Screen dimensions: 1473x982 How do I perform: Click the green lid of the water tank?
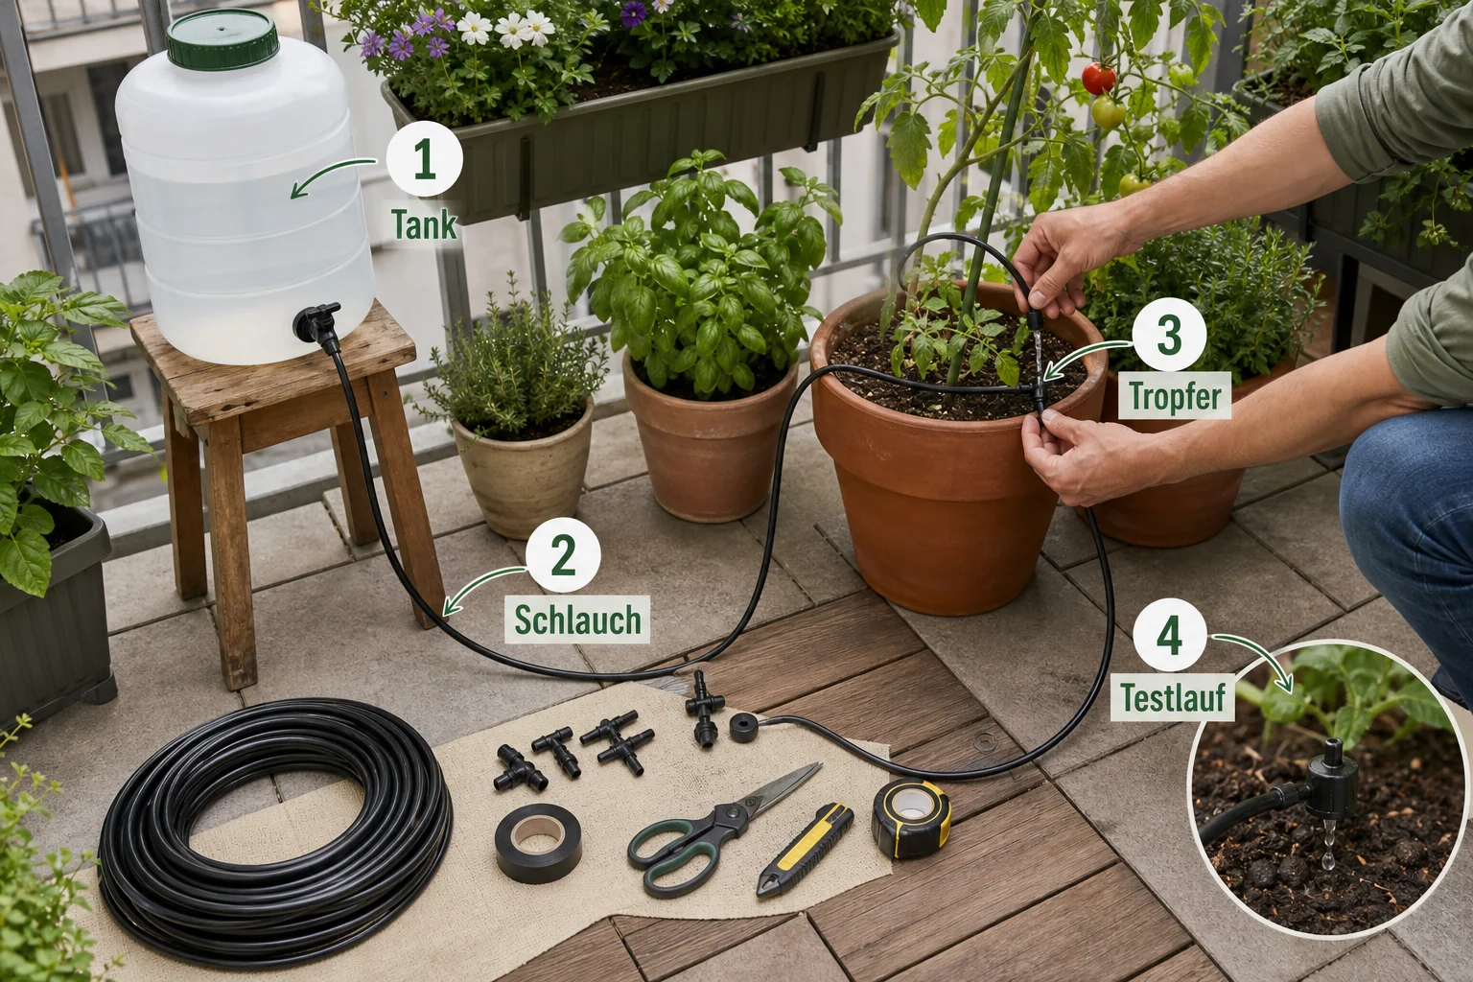[222, 39]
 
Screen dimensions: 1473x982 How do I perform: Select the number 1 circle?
[424, 158]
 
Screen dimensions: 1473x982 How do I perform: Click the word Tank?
[424, 224]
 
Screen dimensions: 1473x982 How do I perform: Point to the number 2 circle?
[563, 554]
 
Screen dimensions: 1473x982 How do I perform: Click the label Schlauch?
[577, 620]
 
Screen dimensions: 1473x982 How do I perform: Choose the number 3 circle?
[1169, 334]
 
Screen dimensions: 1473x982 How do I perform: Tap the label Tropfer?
[1175, 395]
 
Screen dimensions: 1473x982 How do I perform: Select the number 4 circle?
[1169, 636]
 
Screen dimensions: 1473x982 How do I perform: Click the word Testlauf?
[1174, 698]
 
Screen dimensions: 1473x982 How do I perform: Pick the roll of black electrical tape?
[538, 842]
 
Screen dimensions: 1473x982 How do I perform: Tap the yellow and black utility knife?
[805, 849]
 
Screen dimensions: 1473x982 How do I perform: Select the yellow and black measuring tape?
[911, 818]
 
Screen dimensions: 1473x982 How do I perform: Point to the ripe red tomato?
[1099, 79]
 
